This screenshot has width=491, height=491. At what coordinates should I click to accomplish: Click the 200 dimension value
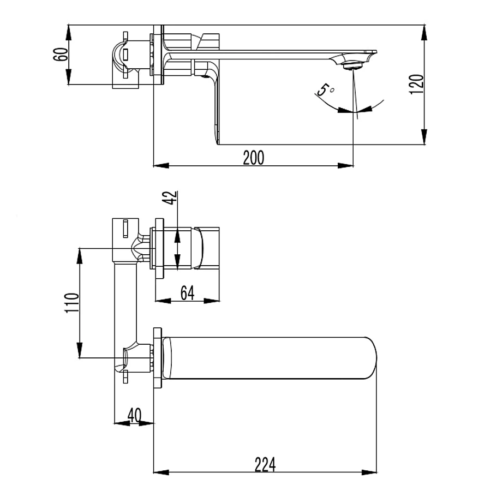(x=253, y=158)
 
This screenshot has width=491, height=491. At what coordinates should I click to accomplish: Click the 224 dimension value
(x=265, y=465)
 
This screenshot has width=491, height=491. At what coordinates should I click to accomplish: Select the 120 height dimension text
(x=416, y=85)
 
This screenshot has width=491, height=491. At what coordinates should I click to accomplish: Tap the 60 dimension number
(x=61, y=55)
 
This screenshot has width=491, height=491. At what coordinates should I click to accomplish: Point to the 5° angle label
(x=326, y=90)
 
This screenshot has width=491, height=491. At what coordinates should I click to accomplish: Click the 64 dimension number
(x=187, y=293)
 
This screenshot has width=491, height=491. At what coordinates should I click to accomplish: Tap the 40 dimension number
(x=134, y=415)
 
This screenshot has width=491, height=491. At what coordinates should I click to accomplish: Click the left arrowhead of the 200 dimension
(x=160, y=165)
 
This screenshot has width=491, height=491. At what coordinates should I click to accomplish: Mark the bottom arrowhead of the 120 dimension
(x=424, y=139)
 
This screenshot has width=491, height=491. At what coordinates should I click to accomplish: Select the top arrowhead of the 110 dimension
(x=80, y=255)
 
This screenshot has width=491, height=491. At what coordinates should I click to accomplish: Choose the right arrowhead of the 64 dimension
(x=214, y=300)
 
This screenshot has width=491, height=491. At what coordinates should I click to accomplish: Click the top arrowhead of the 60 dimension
(x=70, y=31)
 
